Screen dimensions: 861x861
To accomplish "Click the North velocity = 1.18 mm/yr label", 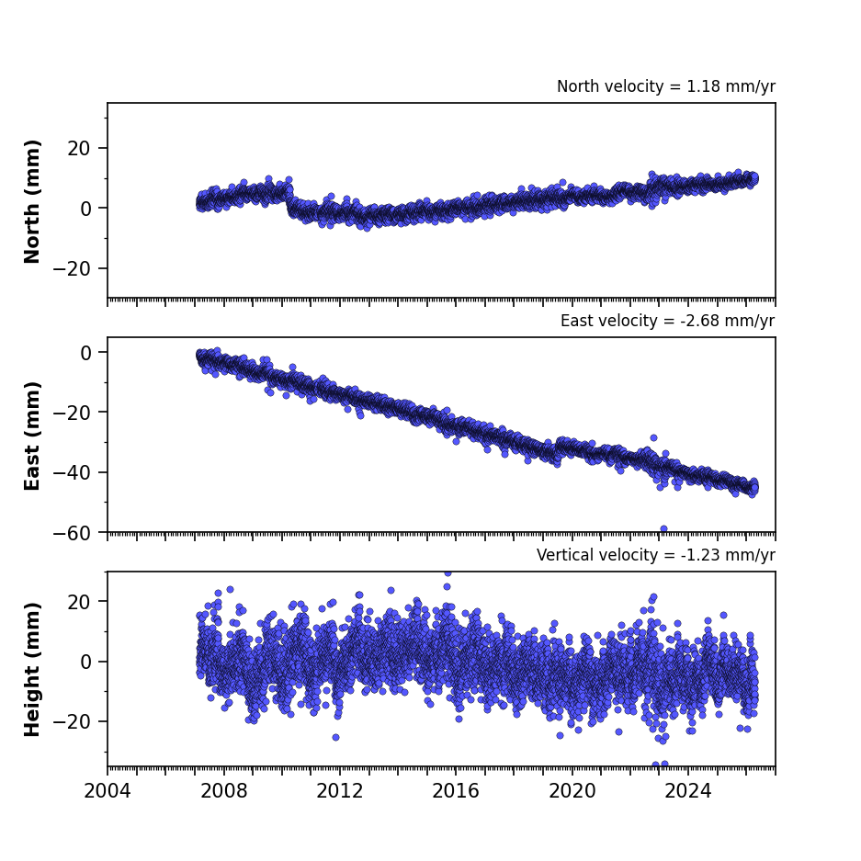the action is (666, 86).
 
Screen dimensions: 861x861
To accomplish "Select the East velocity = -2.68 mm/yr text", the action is (668, 321).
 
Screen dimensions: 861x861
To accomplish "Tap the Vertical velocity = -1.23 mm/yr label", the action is (656, 555).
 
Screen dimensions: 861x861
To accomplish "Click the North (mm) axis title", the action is (32, 201).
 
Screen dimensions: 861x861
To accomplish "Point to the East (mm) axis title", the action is (32, 436).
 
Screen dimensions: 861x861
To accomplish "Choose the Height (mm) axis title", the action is (32, 669).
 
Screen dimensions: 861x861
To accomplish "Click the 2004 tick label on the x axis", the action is (108, 791).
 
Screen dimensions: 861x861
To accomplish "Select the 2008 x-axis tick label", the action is (224, 791).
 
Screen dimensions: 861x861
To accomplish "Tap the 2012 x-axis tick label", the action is (340, 791).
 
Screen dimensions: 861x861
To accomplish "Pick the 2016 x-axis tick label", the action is (456, 791).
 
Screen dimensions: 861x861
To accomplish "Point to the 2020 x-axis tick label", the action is (572, 791).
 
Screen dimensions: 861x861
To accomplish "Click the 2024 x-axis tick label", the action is (688, 791).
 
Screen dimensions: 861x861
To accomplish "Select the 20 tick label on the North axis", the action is (79, 148).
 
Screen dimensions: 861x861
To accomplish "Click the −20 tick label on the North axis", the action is (72, 268).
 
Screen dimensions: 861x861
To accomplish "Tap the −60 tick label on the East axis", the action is (72, 533).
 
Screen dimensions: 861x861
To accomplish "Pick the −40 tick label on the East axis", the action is (72, 473).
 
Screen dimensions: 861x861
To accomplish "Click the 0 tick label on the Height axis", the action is (85, 663).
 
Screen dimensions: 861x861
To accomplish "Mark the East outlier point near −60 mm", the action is (663, 528).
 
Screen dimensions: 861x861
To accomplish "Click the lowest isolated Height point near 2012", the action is (336, 738).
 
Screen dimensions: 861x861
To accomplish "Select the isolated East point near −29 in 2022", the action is (654, 437).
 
